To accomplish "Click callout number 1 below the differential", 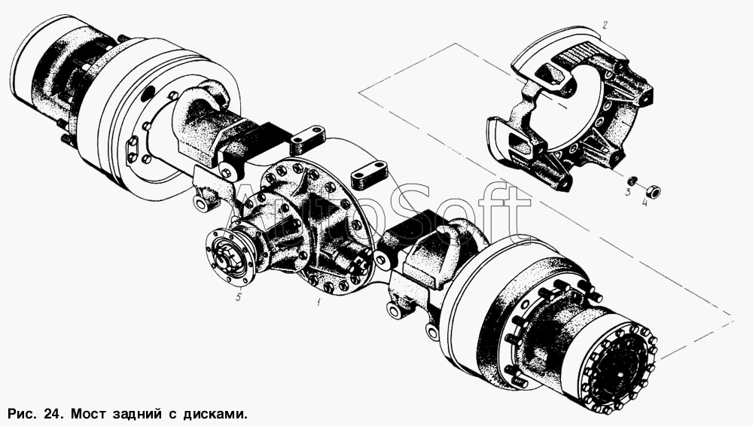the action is tap(318, 301).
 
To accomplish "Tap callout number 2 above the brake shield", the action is tap(605, 25).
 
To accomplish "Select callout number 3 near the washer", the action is tap(627, 193).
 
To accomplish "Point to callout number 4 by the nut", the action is tap(645, 202).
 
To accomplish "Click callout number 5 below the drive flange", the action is tap(238, 297).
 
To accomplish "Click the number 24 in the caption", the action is tap(53, 413).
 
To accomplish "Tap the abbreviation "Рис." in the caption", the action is tap(24, 414).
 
